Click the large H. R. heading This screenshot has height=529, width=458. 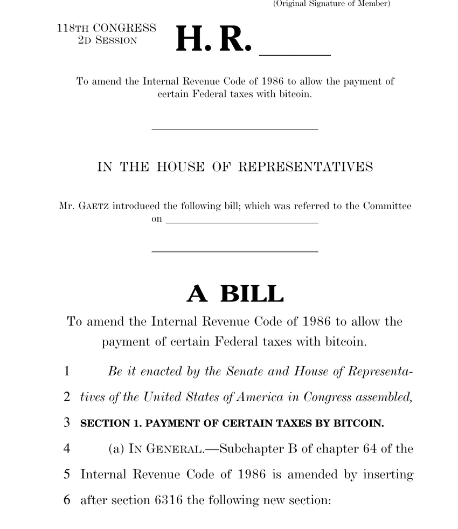pos(213,39)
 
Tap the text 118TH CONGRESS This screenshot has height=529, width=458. pos(106,29)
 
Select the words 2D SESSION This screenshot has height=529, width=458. pos(107,40)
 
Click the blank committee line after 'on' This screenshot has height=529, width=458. pos(241,221)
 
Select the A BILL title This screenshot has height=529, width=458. pos(235,294)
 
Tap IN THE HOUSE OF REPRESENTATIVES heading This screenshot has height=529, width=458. pos(235,167)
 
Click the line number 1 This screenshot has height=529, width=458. pos(67,371)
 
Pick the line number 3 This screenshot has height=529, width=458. pos(67,423)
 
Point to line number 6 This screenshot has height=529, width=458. pos(67,500)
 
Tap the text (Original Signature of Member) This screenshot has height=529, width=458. pos(331,4)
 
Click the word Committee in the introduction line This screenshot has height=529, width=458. pos(386,206)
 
